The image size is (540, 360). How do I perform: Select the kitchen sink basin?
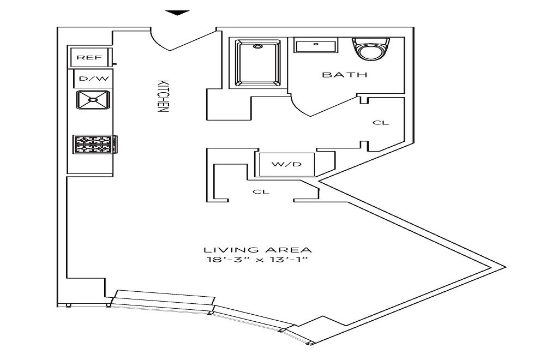[93, 100]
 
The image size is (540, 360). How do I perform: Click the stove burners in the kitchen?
[93, 144]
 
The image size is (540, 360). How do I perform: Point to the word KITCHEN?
[162, 96]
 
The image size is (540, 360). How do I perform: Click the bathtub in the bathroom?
[258, 63]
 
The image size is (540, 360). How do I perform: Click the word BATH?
[344, 75]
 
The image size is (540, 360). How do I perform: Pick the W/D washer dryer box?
[286, 164]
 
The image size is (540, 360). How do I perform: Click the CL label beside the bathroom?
[381, 123]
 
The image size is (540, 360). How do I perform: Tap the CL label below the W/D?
[261, 192]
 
